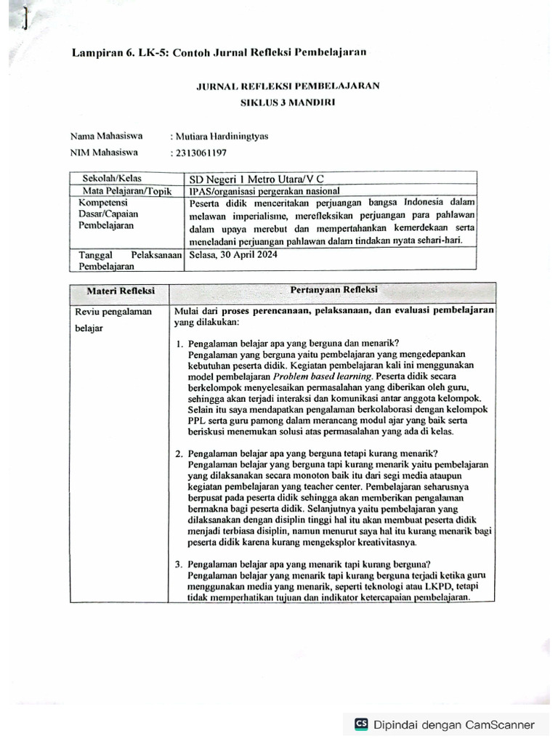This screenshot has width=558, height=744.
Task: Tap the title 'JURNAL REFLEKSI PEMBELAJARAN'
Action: point(288,86)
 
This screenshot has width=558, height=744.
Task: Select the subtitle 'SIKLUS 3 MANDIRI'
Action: point(288,102)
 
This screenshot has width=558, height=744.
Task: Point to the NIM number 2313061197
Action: point(201,153)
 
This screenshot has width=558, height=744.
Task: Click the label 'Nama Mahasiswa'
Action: point(106,136)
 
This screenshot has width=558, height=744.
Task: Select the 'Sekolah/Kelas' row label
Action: point(112,178)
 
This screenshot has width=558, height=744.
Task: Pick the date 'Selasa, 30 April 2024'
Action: point(232,255)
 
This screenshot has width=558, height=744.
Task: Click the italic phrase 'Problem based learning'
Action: point(323,377)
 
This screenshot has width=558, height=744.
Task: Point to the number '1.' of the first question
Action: point(179,344)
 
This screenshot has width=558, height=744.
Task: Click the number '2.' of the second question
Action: point(179,453)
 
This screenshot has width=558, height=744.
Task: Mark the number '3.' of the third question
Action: point(179,564)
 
